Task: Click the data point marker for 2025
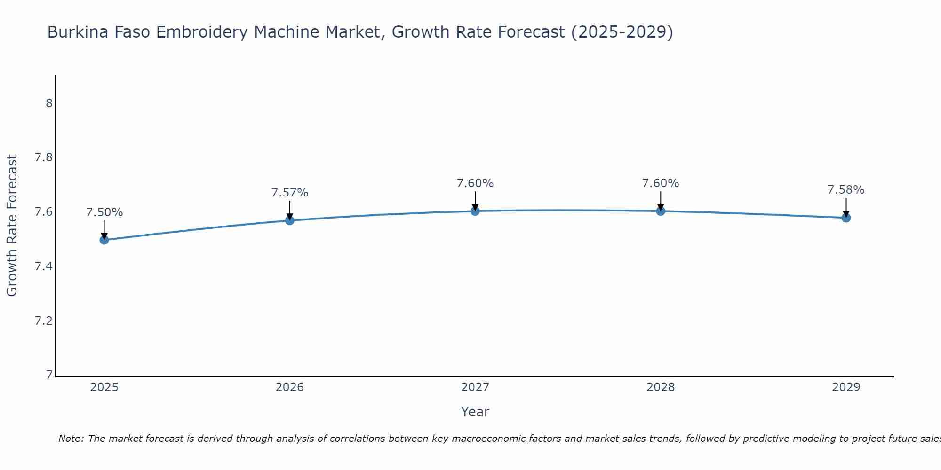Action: point(104,240)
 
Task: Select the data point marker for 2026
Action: point(289,220)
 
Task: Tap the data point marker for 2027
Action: point(475,211)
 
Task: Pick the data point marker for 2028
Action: point(661,211)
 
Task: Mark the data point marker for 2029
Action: point(846,218)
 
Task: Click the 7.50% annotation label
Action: point(104,212)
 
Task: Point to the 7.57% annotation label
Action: point(289,193)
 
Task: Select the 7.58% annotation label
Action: point(845,190)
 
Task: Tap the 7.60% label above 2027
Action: point(475,183)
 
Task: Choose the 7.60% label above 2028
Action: point(661,183)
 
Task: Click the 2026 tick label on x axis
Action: point(289,387)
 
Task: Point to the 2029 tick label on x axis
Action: point(846,387)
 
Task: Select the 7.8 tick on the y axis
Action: point(43,157)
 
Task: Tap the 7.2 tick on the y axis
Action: point(43,321)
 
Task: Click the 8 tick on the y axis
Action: point(49,103)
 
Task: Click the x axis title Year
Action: point(475,412)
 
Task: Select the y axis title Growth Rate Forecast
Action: point(12,226)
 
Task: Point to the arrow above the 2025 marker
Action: point(104,229)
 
